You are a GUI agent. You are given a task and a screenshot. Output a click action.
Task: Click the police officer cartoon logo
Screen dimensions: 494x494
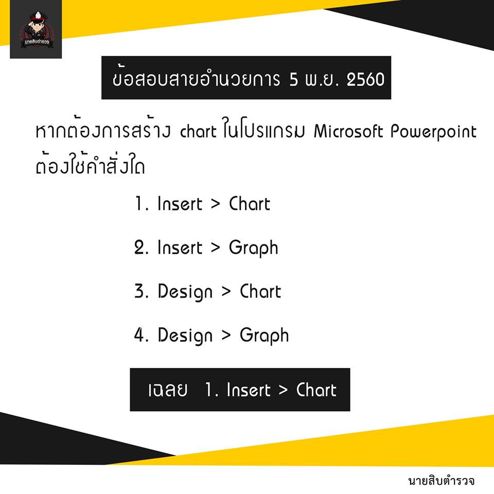(x=36, y=30)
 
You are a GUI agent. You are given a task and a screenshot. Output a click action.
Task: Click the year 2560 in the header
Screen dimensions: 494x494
(x=365, y=79)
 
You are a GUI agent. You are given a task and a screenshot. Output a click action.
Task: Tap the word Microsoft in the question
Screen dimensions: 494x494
(x=348, y=131)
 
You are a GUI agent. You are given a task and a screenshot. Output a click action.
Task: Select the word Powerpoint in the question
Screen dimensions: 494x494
(x=433, y=132)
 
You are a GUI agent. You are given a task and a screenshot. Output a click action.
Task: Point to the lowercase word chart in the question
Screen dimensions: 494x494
(x=198, y=131)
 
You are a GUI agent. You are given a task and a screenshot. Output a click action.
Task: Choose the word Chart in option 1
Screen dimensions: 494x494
(x=250, y=204)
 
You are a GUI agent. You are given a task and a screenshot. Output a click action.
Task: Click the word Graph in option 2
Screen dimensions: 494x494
(x=254, y=248)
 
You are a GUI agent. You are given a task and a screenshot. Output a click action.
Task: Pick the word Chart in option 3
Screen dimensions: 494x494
(x=260, y=291)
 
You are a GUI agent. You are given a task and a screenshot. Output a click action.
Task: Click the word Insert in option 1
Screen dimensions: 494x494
(x=180, y=204)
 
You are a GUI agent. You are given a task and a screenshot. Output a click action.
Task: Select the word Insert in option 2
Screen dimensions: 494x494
(x=180, y=248)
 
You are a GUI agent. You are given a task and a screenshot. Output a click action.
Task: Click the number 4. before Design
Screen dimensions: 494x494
(x=141, y=335)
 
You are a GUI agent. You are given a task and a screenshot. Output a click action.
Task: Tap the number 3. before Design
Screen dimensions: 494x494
(x=141, y=291)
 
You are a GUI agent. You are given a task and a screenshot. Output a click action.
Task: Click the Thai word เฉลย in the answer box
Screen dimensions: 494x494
(x=168, y=390)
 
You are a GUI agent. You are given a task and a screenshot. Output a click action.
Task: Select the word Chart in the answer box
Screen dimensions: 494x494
(x=316, y=390)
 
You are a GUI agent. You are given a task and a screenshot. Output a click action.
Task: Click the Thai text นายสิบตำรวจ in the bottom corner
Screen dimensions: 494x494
(x=441, y=481)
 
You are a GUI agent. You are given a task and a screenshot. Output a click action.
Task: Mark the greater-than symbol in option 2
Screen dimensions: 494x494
(x=216, y=248)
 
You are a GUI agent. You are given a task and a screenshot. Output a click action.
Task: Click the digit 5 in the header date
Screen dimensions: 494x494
(x=294, y=79)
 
